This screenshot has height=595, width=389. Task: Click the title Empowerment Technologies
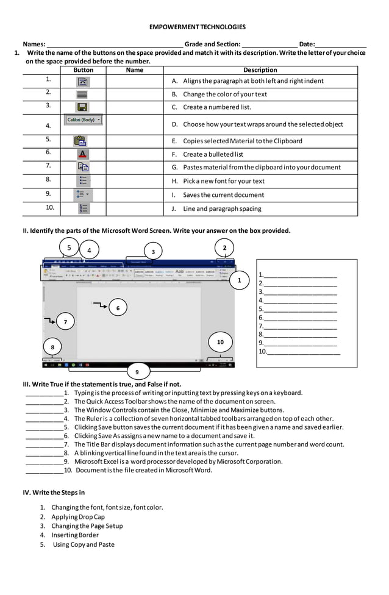pyautogui.click(x=197, y=27)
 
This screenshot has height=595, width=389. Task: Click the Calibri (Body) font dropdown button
pyautogui.click(x=83, y=120)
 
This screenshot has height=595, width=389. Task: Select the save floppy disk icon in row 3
pyautogui.click(x=83, y=107)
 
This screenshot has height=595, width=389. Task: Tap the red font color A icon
pyautogui.click(x=83, y=154)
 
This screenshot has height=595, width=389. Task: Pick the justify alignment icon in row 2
pyautogui.click(x=83, y=94)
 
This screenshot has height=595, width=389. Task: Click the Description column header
pyautogui.click(x=260, y=70)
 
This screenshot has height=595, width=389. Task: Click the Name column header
pyautogui.click(x=134, y=70)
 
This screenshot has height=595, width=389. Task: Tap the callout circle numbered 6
pyautogui.click(x=118, y=308)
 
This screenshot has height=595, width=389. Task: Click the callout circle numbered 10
pyautogui.click(x=220, y=342)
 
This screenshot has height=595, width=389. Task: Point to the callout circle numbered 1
pyautogui.click(x=240, y=280)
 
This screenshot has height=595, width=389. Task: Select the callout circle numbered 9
pyautogui.click(x=137, y=372)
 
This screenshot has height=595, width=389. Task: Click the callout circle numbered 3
pyautogui.click(x=153, y=252)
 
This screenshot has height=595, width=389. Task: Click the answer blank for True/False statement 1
pyautogui.click(x=44, y=393)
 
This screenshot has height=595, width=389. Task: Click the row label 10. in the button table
pyautogui.click(x=49, y=207)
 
